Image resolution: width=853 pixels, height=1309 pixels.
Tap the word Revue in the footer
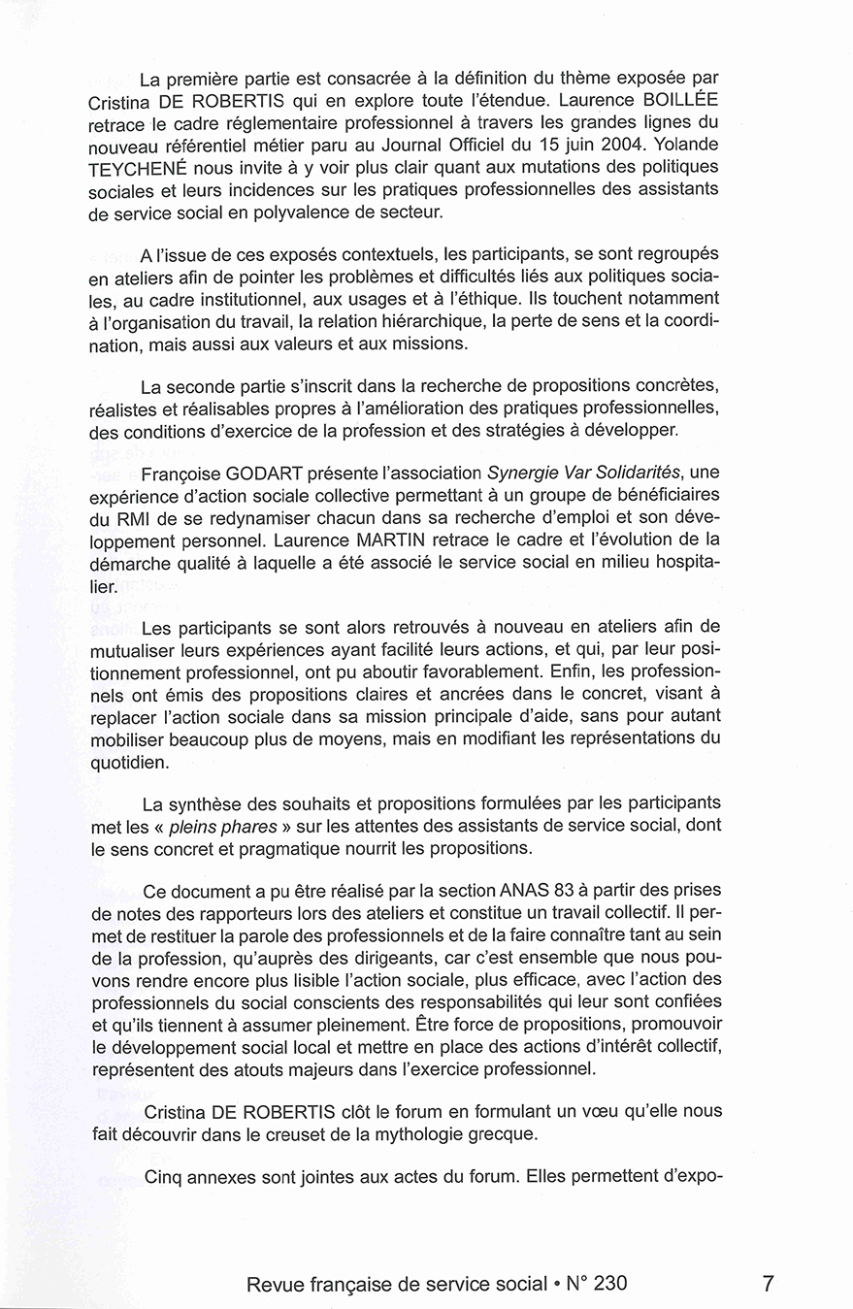point(277,1284)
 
